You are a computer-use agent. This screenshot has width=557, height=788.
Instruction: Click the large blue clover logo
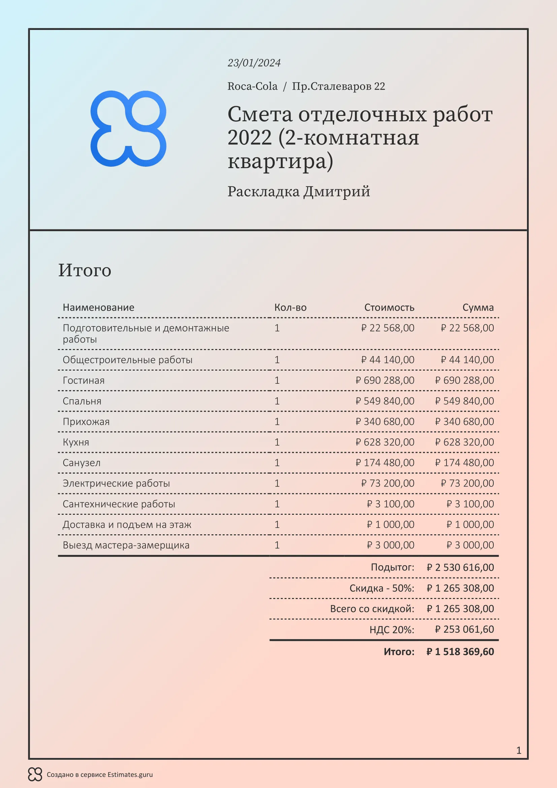(x=128, y=129)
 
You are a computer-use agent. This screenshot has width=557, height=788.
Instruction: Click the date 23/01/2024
(x=254, y=63)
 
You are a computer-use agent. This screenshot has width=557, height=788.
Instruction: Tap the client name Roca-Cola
(x=253, y=86)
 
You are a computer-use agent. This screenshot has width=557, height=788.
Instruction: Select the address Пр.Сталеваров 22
(x=338, y=86)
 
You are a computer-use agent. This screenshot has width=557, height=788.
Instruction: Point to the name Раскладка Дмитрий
(x=299, y=191)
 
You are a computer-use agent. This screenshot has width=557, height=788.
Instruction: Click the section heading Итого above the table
(x=85, y=270)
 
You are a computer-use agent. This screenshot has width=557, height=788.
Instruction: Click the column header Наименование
(x=98, y=307)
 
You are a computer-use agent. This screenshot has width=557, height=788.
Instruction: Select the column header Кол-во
(x=290, y=307)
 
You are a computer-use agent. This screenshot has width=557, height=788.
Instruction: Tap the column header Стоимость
(x=389, y=307)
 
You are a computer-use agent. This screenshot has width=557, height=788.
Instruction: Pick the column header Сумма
(x=478, y=307)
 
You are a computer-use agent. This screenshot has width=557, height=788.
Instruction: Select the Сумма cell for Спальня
(x=464, y=401)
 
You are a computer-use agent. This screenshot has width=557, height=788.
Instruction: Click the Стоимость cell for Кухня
(x=385, y=442)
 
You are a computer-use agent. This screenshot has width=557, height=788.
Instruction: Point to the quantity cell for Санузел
(x=277, y=463)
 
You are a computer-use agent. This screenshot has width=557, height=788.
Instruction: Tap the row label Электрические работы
(x=116, y=483)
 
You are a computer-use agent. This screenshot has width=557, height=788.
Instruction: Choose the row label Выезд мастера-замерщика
(x=126, y=545)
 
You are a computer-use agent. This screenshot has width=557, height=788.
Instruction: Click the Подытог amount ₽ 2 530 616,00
(x=460, y=567)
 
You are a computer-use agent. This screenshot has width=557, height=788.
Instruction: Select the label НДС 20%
(x=392, y=629)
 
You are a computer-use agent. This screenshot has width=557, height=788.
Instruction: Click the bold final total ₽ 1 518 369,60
(x=460, y=652)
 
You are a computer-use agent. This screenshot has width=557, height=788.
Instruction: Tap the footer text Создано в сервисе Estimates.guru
(x=99, y=775)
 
